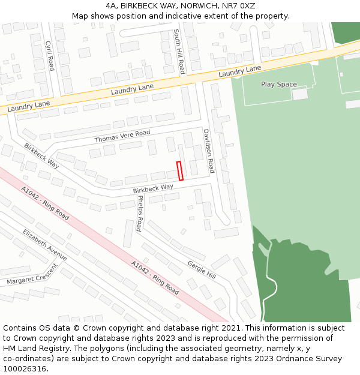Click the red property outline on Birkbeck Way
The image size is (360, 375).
[x=180, y=170]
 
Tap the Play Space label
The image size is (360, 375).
[x=278, y=85]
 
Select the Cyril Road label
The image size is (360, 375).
[x=50, y=56]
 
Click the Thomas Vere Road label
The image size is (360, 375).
[x=122, y=137]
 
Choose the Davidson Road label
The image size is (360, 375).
[x=208, y=151]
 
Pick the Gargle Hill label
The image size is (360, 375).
[x=201, y=270]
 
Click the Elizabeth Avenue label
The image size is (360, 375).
[x=44, y=244]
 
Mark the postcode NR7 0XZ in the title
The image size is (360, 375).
[x=242, y=6]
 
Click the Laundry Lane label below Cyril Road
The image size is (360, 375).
[x=28, y=105]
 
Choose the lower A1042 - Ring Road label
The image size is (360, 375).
[x=155, y=277]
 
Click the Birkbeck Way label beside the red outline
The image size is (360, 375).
[x=153, y=187]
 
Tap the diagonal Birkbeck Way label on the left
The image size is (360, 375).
[x=41, y=155]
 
